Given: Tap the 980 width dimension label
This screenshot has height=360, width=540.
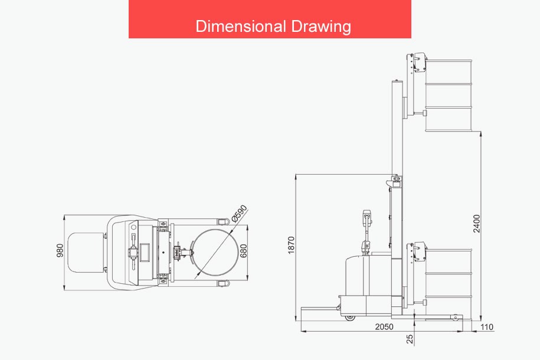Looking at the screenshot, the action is click(60, 250).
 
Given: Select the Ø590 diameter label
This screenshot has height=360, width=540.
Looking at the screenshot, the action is click(239, 214).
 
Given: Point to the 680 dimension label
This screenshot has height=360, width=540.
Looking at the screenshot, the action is click(243, 251).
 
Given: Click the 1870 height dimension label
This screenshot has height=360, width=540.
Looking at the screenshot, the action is click(292, 246).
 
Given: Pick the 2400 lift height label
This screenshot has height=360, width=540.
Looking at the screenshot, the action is click(476, 224).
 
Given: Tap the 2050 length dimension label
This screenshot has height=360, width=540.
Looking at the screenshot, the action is click(384, 326).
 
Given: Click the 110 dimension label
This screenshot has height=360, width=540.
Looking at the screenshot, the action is click(487, 326).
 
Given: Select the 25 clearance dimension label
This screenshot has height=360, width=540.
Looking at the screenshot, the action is click(410, 339).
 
